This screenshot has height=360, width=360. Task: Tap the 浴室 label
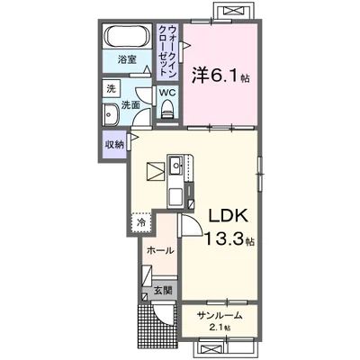(x=126, y=60)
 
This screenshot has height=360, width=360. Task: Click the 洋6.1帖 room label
(x=220, y=76)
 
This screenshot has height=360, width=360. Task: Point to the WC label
(x=168, y=92)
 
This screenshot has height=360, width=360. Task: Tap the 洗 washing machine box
(x=111, y=89)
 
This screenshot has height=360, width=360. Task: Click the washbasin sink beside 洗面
(x=109, y=115)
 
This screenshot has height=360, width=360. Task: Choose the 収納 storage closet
(x=114, y=144)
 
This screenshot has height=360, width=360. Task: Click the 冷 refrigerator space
(x=141, y=220)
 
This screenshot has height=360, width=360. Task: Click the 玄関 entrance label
(x=162, y=291)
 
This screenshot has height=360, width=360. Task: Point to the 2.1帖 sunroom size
(x=221, y=328)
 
